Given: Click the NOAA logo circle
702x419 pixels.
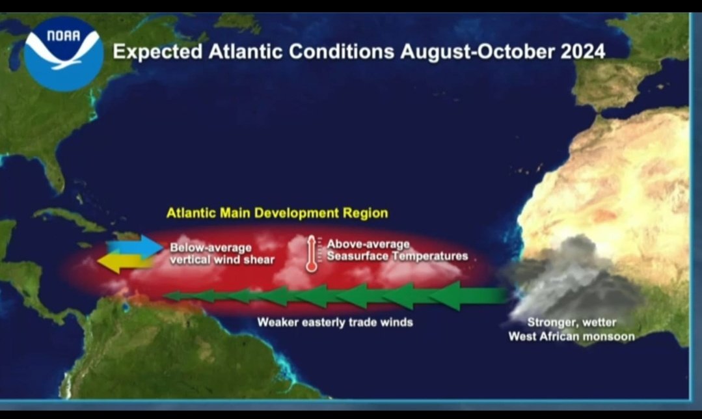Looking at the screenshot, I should coord(63,53).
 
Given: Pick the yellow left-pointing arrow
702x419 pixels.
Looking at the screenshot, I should coord(124,262).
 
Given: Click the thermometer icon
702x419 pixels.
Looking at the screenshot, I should coord(312,253).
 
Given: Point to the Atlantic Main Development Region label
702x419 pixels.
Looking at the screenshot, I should coord(277,213).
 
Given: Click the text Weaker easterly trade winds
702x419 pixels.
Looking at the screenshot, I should coord(334,322).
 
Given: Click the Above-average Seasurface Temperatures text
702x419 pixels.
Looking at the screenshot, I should coord(397,250).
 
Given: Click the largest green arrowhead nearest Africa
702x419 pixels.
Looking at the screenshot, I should coord(449,295).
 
